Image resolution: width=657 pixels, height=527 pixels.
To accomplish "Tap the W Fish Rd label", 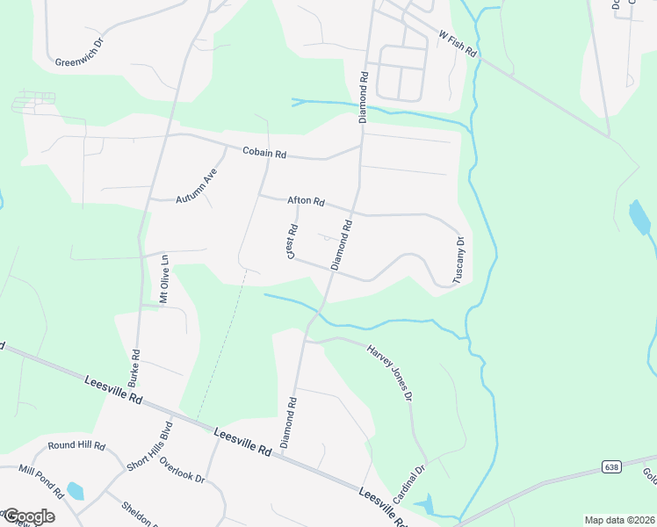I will click(457, 44).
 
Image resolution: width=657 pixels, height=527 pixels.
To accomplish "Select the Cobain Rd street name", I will click(264, 153).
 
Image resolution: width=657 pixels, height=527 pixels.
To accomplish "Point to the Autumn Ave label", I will click(195, 186).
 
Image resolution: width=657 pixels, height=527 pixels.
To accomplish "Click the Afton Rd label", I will click(306, 201).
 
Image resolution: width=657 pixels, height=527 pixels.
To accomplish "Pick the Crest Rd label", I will click(292, 242).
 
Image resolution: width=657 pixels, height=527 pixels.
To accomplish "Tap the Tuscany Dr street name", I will click(458, 258).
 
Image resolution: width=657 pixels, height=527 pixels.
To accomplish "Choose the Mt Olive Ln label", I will click(163, 279).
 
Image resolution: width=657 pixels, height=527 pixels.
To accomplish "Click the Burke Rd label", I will click(134, 369).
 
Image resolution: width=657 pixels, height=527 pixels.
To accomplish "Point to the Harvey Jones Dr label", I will click(389, 372).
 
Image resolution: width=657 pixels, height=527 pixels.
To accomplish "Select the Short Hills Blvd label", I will click(149, 446).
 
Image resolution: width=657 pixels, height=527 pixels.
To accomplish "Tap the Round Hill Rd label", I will click(76, 445).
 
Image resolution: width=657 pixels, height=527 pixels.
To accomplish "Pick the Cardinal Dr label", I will click(408, 482).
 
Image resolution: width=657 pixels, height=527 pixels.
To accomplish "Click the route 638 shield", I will click(611, 466).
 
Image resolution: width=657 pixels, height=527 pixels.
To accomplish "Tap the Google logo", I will click(28, 516).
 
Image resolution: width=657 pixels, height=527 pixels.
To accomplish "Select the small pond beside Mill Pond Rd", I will click(76, 490).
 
